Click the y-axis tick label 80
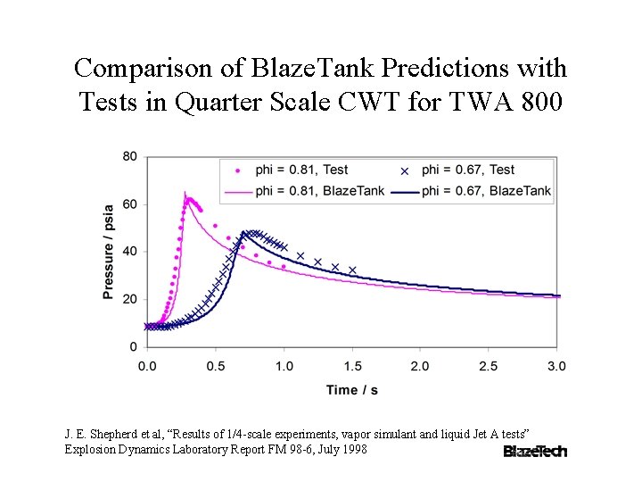(129, 157)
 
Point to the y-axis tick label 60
(129, 204)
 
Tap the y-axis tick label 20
(129, 299)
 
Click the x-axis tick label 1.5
(352, 366)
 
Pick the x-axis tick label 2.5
(489, 366)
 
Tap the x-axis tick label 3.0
(556, 366)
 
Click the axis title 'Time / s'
(353, 389)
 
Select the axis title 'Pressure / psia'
(108, 252)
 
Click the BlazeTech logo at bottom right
(535, 451)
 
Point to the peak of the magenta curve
(185, 192)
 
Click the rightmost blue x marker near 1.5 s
(352, 270)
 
